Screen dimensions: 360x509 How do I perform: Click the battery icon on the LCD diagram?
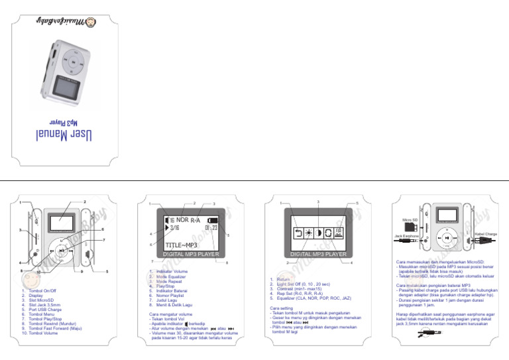pyautogui.click(x=213, y=219)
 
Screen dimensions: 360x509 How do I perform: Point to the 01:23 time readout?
pyautogui.click(x=211, y=229)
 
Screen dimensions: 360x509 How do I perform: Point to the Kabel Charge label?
pyautogui.click(x=486, y=234)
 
